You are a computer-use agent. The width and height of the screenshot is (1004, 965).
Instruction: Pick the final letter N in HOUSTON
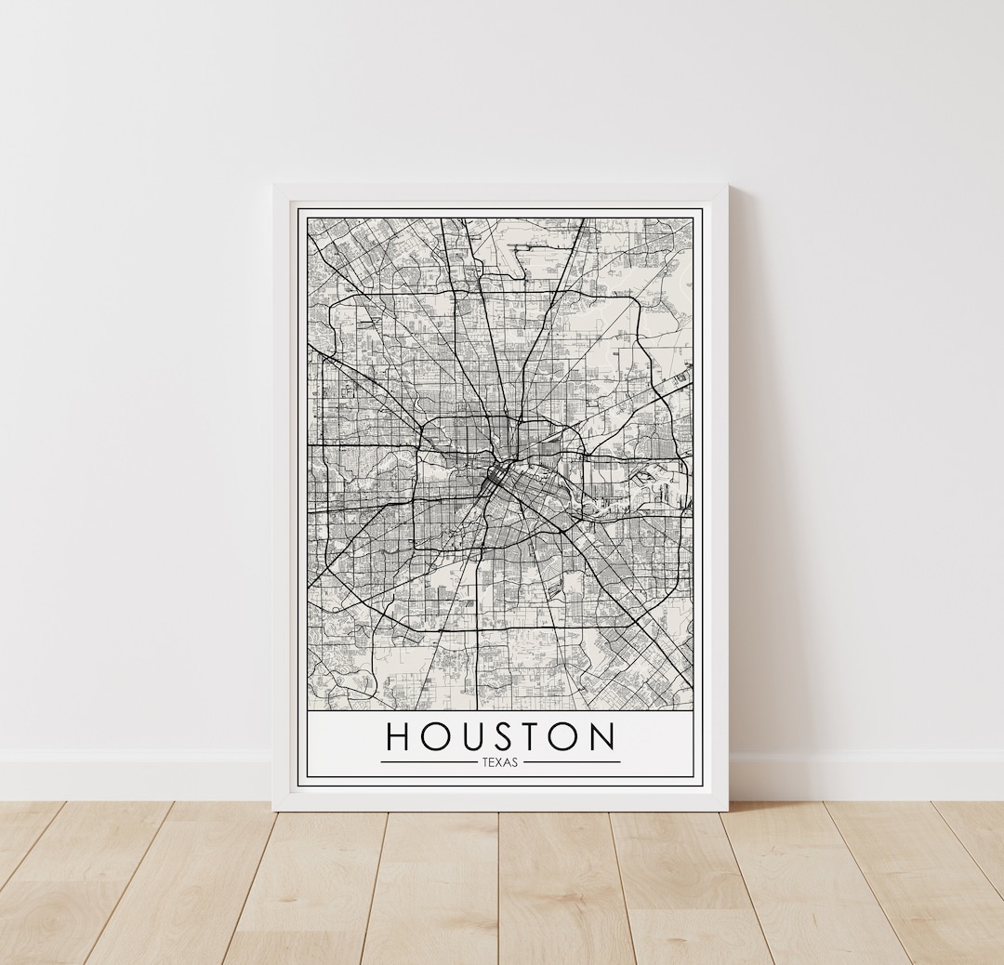coord(601,736)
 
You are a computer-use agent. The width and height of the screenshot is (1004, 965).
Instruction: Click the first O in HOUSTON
coord(437,736)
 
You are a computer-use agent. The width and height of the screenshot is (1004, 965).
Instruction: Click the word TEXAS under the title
coord(500,762)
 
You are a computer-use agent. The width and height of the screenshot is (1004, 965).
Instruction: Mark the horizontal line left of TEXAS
coord(428,762)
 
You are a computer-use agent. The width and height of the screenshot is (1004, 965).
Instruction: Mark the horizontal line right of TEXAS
coord(573,762)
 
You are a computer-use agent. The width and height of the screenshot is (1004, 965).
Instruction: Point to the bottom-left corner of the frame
coord(274,809)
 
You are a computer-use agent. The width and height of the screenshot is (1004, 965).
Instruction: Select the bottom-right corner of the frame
coord(727,809)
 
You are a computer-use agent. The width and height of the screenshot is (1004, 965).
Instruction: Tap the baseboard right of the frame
coord(865,776)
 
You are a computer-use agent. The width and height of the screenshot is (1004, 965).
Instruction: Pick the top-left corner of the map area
coord(309,219)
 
